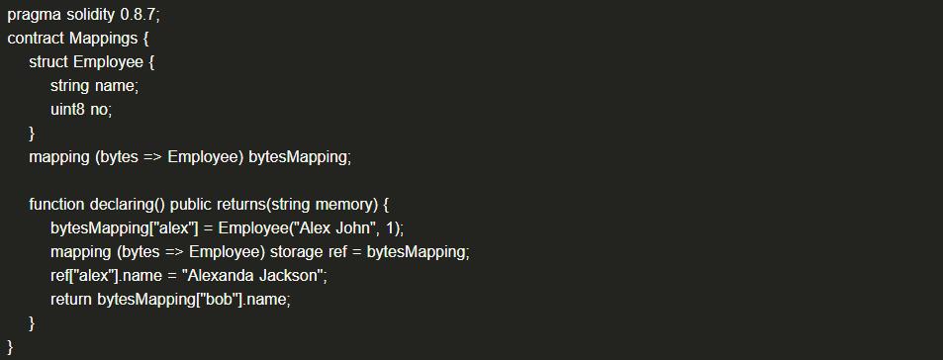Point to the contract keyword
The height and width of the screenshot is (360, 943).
tap(36, 39)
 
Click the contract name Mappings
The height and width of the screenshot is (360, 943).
tap(103, 40)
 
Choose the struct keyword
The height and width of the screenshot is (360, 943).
tap(48, 62)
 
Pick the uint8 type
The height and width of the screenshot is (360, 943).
tap(67, 110)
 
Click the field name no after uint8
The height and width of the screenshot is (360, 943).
tap(99, 111)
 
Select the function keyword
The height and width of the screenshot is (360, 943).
tap(56, 205)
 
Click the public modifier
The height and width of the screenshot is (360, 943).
tap(191, 206)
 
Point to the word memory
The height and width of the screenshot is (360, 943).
tap(343, 206)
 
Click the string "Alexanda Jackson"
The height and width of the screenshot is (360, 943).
tap(256, 276)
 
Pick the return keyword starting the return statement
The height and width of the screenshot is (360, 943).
tap(71, 300)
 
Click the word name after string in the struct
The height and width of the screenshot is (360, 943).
tap(116, 87)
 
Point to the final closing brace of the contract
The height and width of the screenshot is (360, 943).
tap(10, 347)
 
